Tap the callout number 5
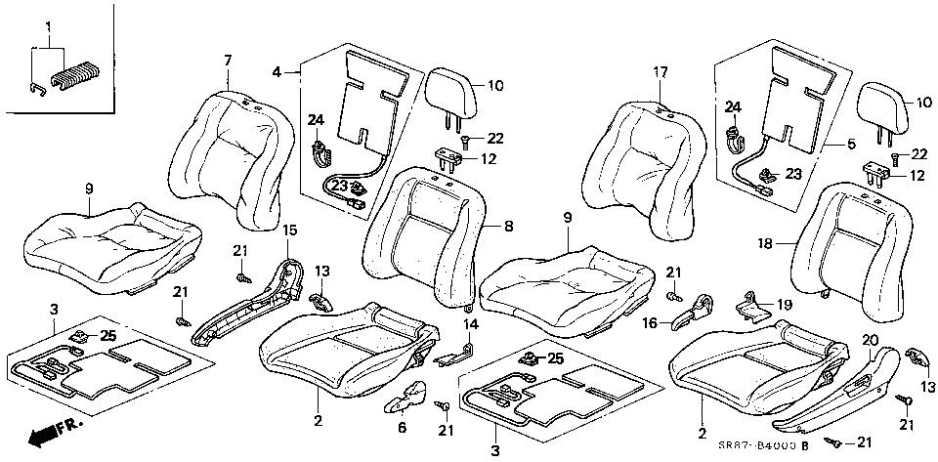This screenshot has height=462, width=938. pyautogui.click(x=850, y=144)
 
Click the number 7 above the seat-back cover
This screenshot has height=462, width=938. pyautogui.click(x=228, y=61)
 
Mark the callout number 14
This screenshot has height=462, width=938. pyautogui.click(x=469, y=323)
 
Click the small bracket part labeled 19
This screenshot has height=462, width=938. pyautogui.click(x=750, y=304)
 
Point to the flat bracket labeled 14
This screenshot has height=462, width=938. pyautogui.click(x=455, y=351)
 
